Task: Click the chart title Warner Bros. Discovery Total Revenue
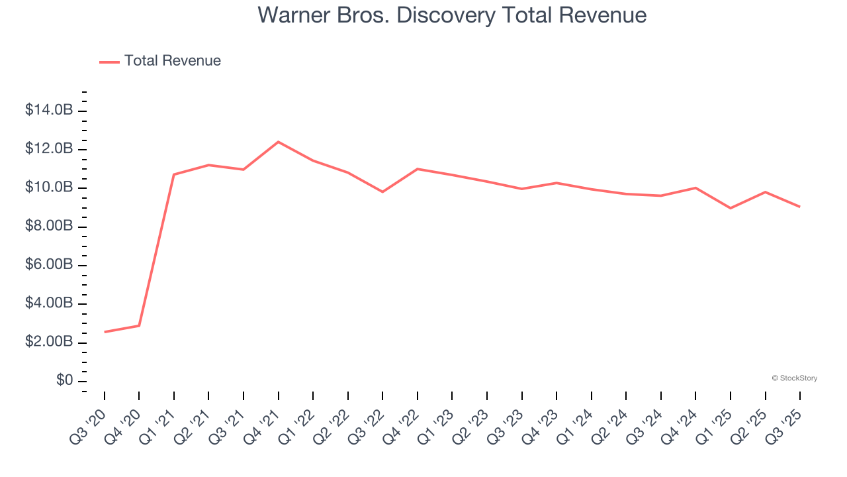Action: tap(452, 15)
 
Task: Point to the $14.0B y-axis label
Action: tap(48, 110)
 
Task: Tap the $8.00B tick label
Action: tap(48, 226)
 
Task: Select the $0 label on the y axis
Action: tap(64, 381)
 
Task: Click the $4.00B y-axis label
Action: tap(48, 303)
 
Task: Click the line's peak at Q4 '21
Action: tap(278, 142)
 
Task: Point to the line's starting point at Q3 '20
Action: tap(105, 332)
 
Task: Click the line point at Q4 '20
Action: tap(139, 325)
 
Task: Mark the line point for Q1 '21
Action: tap(174, 174)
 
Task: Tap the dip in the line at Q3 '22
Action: tap(382, 191)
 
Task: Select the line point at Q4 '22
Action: tap(418, 169)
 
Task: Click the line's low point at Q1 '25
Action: tap(731, 208)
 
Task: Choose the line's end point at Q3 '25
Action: tap(799, 207)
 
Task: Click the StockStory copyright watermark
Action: tap(794, 378)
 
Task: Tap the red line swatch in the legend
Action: tap(109, 62)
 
